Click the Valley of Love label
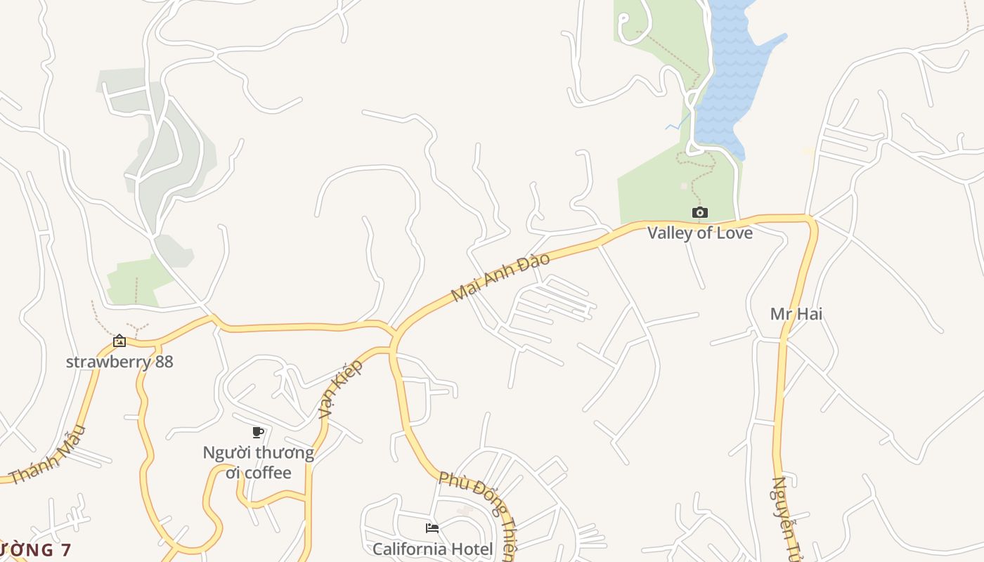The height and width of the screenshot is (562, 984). coord(699,233)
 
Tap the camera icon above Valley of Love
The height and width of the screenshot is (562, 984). coord(699,212)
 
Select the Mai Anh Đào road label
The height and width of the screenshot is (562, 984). coord(500,277)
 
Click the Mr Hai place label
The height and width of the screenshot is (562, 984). coord(796,313)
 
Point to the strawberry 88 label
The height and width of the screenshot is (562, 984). coord(119,362)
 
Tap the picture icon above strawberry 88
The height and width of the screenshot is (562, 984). coord(119,341)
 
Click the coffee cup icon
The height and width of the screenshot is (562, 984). coord(258,432)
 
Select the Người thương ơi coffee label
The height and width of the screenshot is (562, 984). coord(258,462)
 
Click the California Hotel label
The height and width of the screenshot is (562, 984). coord(432,549)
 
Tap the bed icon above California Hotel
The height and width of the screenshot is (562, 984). coord(432,528)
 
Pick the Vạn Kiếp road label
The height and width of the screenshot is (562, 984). coord(340,389)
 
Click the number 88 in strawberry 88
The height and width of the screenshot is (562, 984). coord(162,362)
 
